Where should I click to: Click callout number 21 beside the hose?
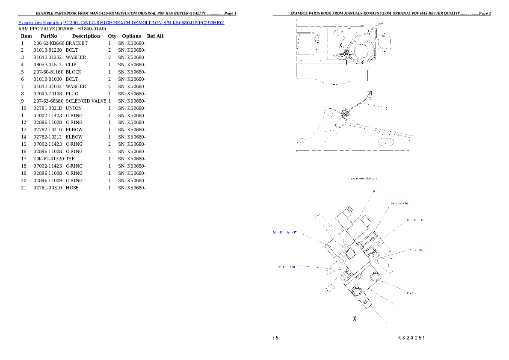(x=387, y=109)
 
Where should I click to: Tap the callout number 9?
(x=373, y=191)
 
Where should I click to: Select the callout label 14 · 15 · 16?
(x=399, y=204)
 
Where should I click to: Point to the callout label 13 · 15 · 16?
(x=415, y=220)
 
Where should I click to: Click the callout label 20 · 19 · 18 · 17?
(x=285, y=233)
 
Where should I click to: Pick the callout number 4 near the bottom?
(x=386, y=323)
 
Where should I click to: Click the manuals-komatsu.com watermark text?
(x=363, y=178)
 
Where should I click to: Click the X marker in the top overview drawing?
(x=340, y=45)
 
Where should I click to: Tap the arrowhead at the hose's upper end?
(x=370, y=93)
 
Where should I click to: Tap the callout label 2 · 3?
(x=410, y=293)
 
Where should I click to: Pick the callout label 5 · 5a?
(x=419, y=250)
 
